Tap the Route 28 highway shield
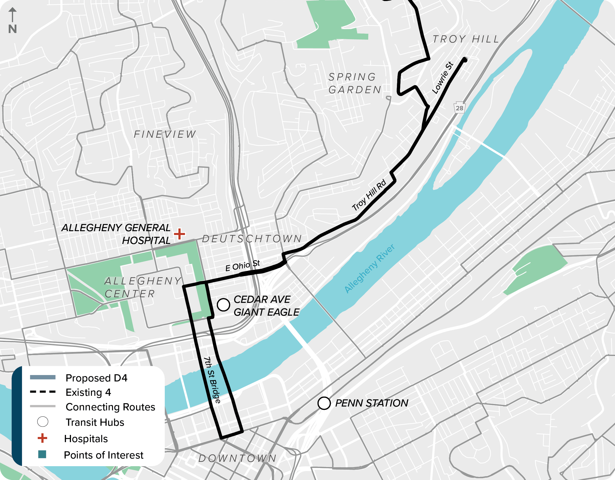[459, 108]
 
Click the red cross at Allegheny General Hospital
[179, 234]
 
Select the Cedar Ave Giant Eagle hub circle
[223, 305]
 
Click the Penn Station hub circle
[324, 403]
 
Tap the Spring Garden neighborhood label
[355, 83]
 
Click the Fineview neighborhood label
[165, 134]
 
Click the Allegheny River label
[369, 269]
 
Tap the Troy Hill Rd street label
[369, 195]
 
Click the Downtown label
[237, 458]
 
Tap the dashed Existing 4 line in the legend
[43, 392]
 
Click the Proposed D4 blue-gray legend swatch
[43, 377]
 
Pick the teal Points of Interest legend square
[42, 454]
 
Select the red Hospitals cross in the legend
[42, 438]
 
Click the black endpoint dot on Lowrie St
[465, 60]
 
